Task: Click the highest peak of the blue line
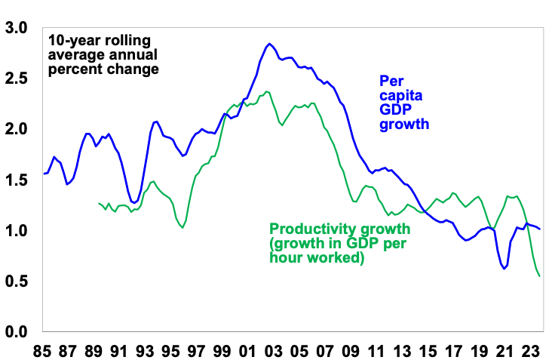point(269,44)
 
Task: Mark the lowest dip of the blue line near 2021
point(504,268)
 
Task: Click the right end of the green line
point(540,276)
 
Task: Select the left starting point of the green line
point(99,202)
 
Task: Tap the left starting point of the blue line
point(44,174)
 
